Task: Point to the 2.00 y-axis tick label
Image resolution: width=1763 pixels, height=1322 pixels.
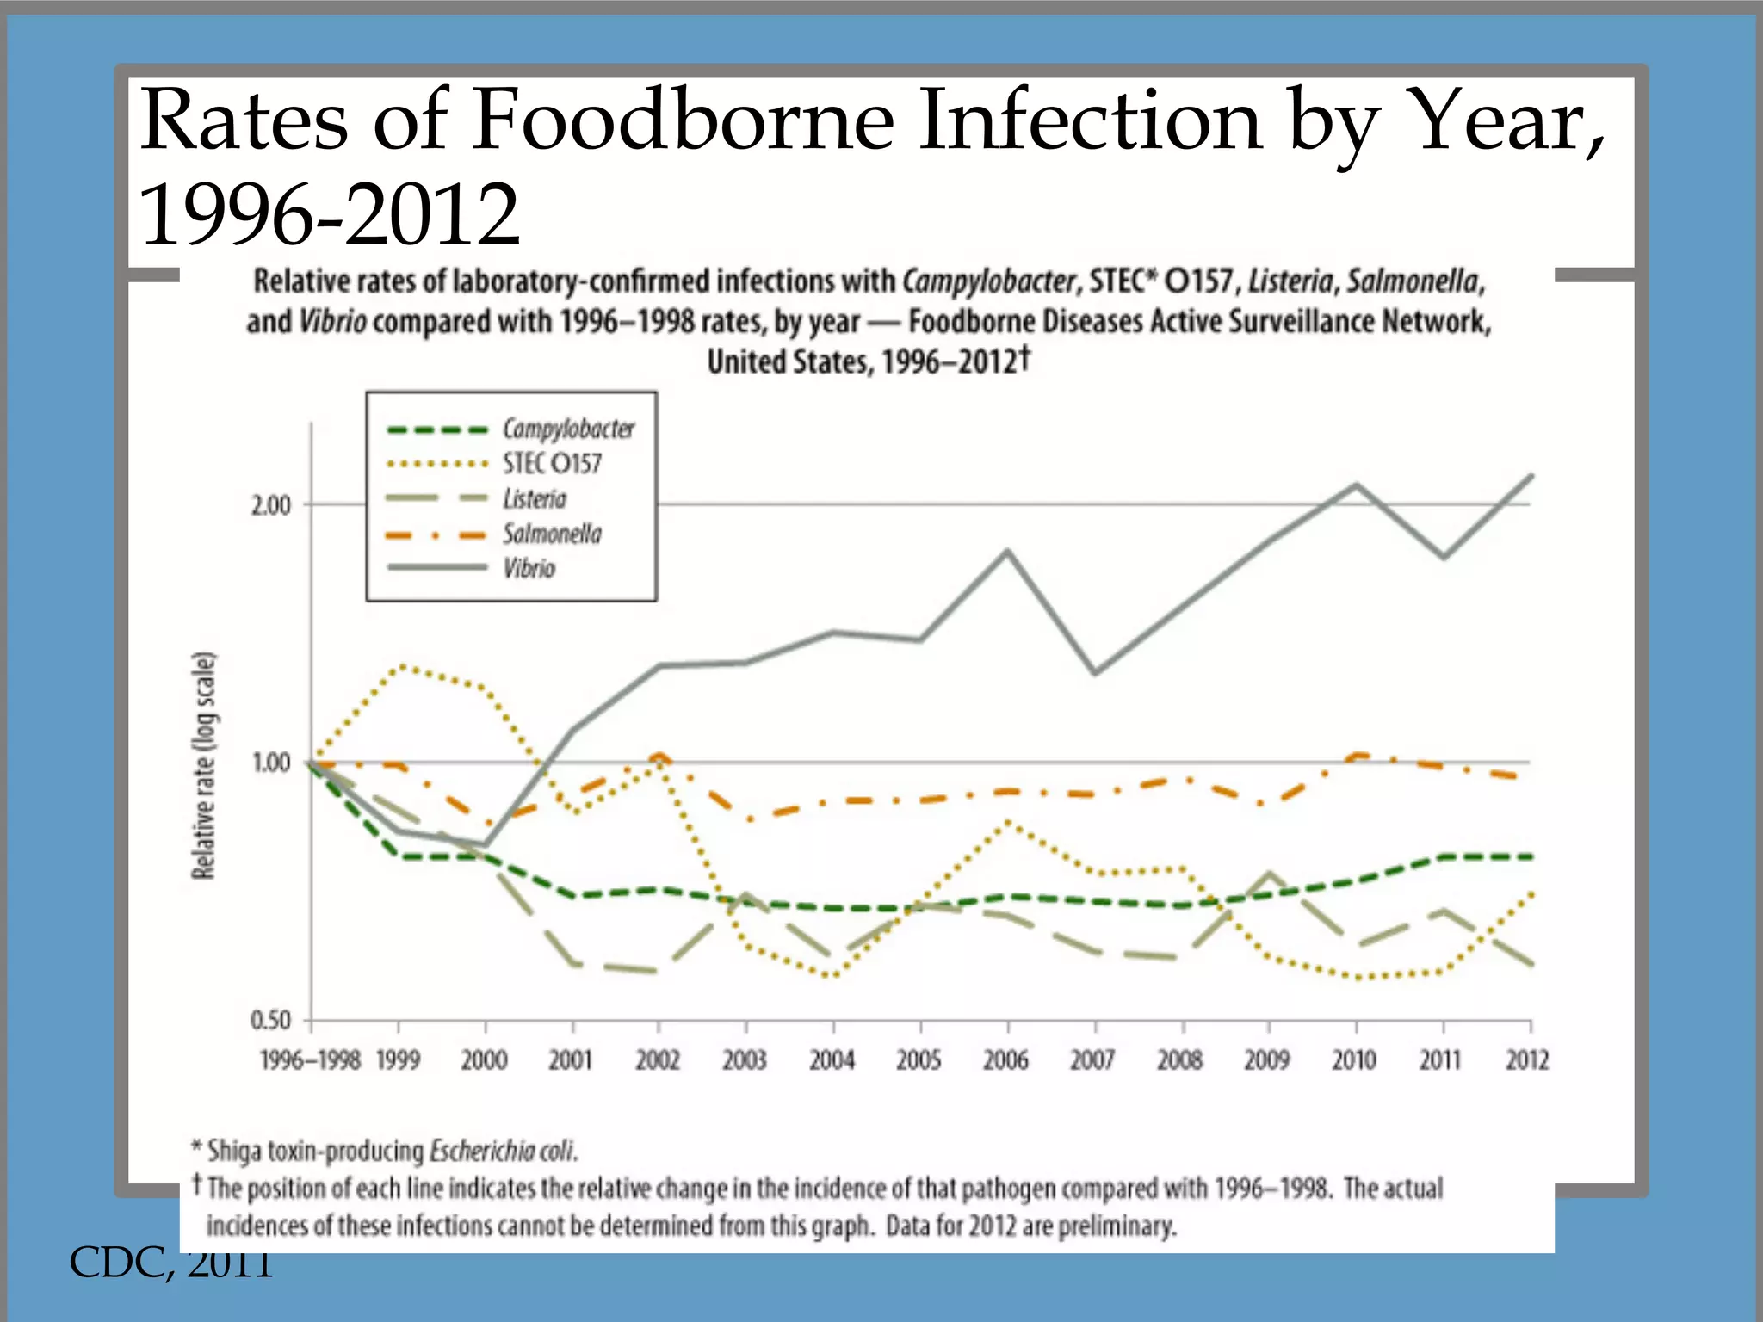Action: [271, 505]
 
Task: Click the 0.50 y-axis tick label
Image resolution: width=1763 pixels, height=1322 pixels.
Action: [271, 1021]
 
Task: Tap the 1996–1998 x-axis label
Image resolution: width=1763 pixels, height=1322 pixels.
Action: [310, 1060]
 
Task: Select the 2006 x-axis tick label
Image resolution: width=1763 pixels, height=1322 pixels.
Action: [1006, 1060]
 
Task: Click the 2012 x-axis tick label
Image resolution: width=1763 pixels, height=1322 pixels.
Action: [1528, 1060]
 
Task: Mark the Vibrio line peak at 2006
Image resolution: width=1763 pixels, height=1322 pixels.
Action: [1008, 551]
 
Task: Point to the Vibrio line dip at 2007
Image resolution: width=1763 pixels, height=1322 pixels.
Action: [1095, 673]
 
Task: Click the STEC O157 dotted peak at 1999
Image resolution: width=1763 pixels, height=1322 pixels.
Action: [401, 665]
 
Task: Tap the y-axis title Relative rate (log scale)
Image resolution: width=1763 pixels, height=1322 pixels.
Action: [204, 766]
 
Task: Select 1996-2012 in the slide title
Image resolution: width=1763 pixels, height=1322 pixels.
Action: [330, 215]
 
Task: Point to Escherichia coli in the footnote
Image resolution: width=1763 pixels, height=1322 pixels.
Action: [503, 1151]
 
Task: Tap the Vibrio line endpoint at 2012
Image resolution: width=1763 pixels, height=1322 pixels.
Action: [1531, 476]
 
